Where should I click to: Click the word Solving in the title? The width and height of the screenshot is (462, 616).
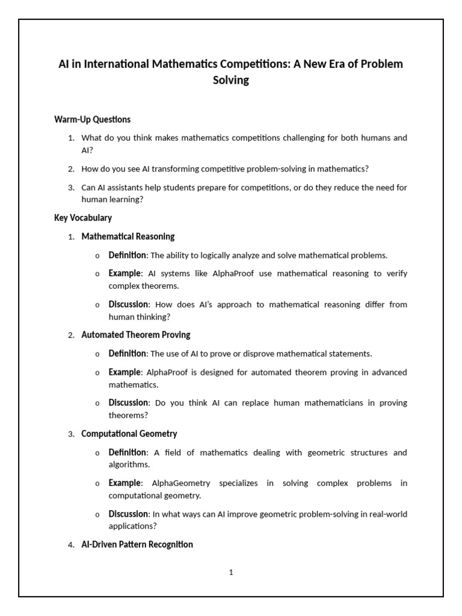[231, 80]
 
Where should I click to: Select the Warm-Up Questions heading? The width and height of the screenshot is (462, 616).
[92, 119]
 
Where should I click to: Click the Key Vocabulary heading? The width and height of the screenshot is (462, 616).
[83, 218]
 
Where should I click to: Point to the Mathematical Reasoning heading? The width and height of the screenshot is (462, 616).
[128, 236]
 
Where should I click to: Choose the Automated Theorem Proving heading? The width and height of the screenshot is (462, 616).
[136, 334]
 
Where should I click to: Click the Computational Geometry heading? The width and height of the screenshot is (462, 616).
[129, 433]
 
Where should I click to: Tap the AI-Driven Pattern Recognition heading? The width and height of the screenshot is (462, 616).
[137, 544]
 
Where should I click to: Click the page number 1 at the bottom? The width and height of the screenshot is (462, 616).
[231, 573]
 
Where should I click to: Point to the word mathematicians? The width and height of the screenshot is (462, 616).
[306, 402]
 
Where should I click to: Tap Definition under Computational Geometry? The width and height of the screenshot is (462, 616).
[127, 452]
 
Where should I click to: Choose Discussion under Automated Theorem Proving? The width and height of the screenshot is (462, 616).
[128, 402]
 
